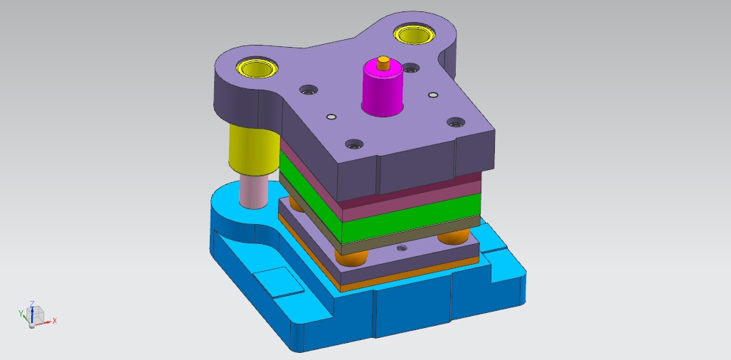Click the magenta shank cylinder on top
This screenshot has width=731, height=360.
point(383,89)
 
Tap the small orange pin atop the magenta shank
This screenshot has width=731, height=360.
point(384,63)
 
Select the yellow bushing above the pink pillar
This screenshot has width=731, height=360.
point(257,68)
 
